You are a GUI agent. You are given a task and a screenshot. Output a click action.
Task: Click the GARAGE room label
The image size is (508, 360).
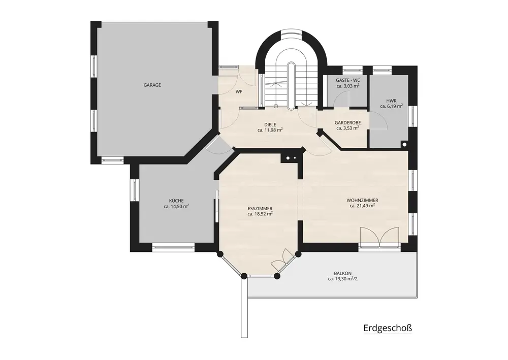tap(152, 85)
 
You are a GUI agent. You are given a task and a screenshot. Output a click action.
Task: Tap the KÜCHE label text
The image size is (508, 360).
tap(176, 201)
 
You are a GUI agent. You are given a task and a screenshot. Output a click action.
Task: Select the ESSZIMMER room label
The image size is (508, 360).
tap(260, 209)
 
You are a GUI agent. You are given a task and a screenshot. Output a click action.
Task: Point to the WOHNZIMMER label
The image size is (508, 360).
tap(362, 201)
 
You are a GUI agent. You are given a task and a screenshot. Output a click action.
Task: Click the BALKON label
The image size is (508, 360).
tap(342, 273)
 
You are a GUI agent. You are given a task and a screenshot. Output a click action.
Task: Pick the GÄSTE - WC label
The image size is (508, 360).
tap(347, 80)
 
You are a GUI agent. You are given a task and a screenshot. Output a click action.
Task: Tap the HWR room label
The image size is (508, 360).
tap(391, 101)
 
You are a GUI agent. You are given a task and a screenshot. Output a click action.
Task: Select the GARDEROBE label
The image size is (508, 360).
tap(347, 123)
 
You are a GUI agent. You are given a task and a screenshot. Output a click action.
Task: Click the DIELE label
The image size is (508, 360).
tap(270, 124)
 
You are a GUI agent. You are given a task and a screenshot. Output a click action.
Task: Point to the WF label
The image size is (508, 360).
tap(239, 91)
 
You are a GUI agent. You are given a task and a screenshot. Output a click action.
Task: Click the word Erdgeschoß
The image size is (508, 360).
tap(388, 328)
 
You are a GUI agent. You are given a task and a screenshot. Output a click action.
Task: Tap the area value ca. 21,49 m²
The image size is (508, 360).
tap(362, 206)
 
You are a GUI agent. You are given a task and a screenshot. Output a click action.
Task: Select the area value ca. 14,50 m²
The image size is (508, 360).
tap(176, 206)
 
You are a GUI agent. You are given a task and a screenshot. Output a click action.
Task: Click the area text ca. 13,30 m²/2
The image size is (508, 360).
tap(342, 278)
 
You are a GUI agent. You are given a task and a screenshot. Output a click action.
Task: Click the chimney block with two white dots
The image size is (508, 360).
tap(291, 158)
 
